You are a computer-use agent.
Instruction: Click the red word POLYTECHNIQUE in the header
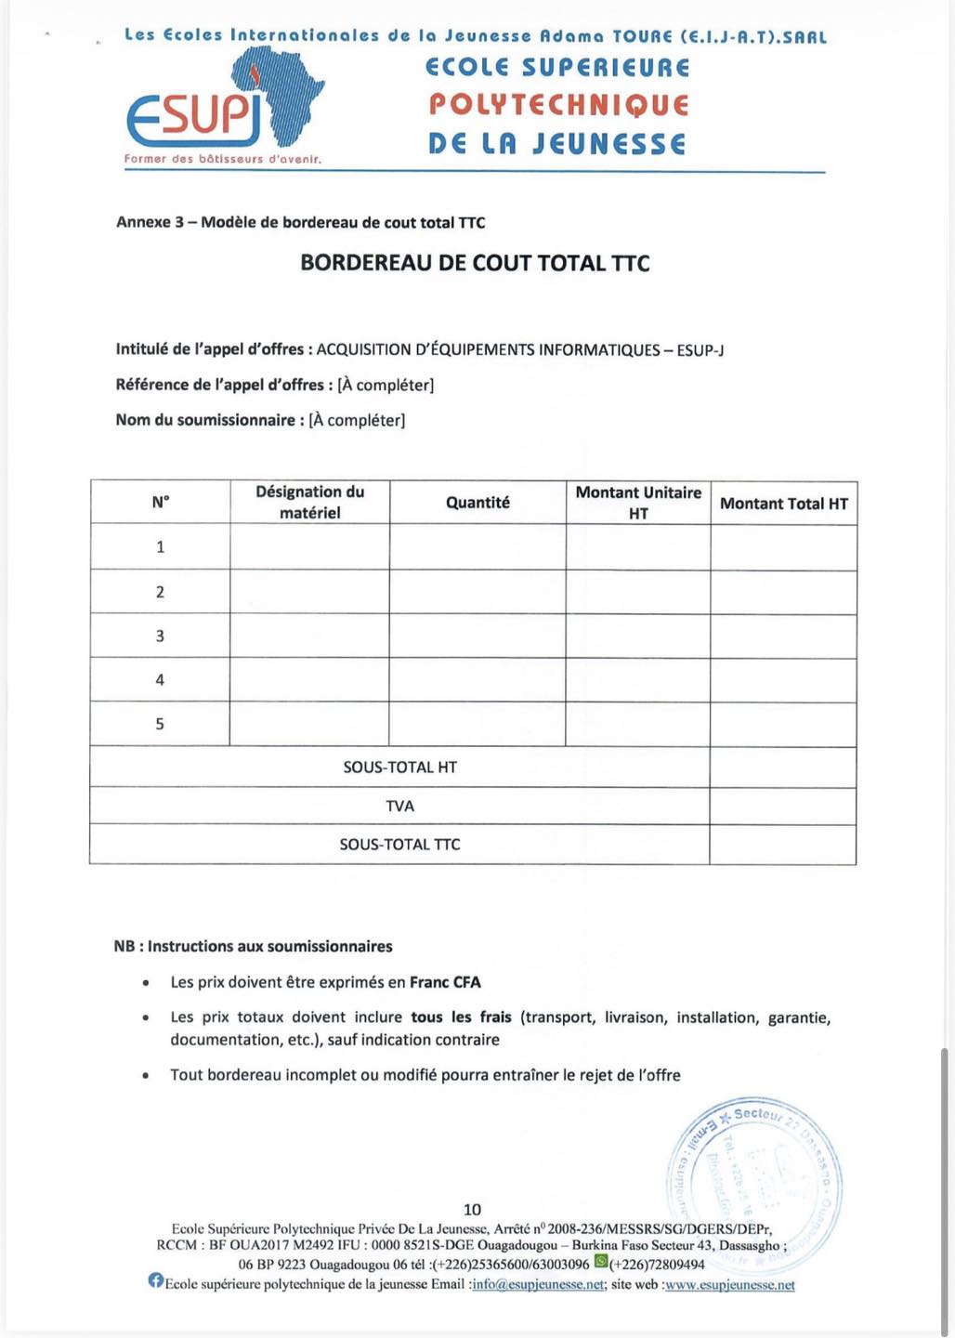(x=558, y=104)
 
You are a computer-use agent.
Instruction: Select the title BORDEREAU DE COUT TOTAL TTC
(x=475, y=263)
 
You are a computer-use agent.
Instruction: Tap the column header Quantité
(x=477, y=503)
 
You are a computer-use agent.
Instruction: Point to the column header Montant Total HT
(x=783, y=504)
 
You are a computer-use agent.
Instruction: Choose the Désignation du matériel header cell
(x=309, y=502)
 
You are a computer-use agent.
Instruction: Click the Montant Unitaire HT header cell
(x=638, y=503)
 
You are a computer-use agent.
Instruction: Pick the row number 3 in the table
(x=160, y=636)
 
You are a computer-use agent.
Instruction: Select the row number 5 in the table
(x=160, y=724)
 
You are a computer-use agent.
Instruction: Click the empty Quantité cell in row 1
(x=477, y=547)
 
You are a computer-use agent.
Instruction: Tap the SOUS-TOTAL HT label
(x=399, y=767)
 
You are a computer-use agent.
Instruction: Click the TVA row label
(x=399, y=807)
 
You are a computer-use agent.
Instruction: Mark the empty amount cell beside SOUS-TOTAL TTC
(x=782, y=845)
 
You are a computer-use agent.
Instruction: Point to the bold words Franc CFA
(x=446, y=982)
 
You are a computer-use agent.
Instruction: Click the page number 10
(x=472, y=1209)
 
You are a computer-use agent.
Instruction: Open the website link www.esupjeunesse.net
(x=729, y=1285)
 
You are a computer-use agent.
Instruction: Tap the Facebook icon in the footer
(x=156, y=1280)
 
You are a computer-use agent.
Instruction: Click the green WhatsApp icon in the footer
(x=601, y=1261)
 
